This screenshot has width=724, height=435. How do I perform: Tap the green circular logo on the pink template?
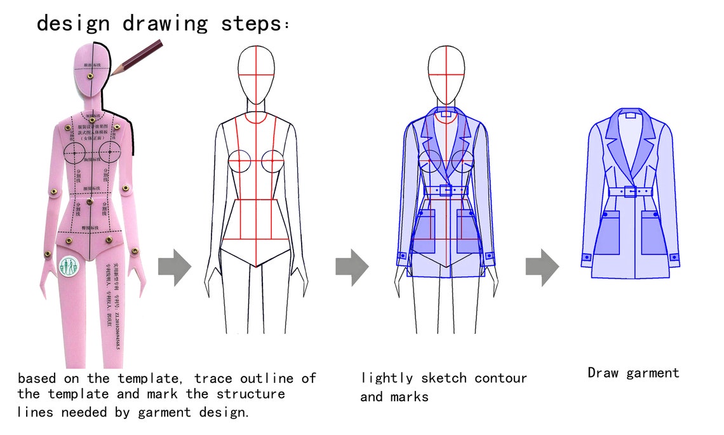tap(69, 267)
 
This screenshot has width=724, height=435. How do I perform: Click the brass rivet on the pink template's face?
tap(91, 76)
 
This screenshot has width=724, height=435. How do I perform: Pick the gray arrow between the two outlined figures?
tap(351, 264)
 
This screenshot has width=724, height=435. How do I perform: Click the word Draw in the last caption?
tap(603, 373)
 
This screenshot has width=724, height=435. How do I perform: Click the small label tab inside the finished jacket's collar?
tap(630, 116)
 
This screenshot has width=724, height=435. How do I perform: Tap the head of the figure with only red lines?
tap(256, 71)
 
